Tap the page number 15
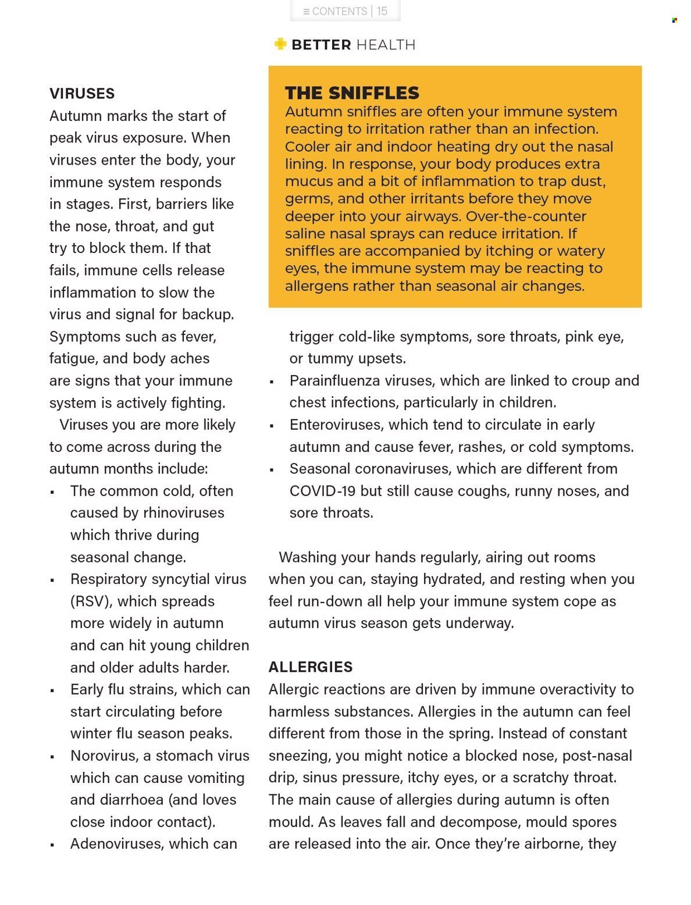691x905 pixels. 382,11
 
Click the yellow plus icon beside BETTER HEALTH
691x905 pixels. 280,44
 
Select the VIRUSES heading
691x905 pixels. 82,94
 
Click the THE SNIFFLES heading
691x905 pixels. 352,93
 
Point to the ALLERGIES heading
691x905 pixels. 311,667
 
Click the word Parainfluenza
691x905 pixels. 333,380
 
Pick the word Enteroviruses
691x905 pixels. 336,425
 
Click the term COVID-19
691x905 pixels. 322,491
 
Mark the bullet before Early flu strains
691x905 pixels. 52,691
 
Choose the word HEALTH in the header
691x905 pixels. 386,45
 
